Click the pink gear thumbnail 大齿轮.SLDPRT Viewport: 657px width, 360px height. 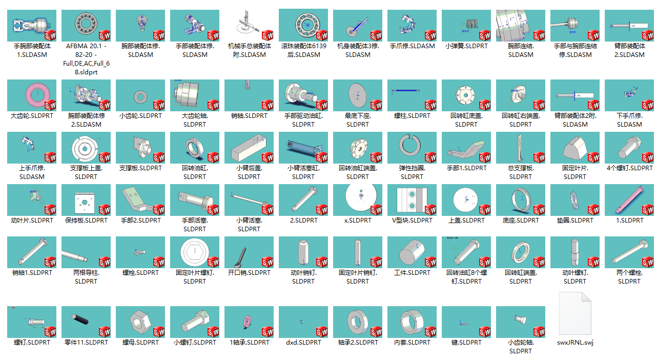[32, 95]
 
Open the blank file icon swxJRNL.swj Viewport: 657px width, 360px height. [575, 313]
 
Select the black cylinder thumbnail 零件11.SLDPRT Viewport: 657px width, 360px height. [86, 322]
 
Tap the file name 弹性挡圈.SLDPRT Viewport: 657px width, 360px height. [412, 172]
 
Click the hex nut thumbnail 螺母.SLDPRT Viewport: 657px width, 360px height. [140, 322]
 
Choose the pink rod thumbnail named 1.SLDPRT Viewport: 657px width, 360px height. [629, 200]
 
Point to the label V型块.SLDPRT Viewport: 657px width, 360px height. [412, 221]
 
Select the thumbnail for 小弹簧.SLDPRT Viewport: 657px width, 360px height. [466, 26]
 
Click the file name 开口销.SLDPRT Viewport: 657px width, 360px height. [249, 273]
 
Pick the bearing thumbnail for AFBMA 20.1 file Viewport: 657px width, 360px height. [86, 26]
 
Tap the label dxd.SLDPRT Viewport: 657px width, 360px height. [303, 343]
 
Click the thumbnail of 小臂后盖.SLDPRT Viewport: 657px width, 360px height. [249, 148]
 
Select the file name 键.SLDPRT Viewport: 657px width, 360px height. [466, 343]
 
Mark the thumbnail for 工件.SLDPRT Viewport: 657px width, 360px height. [412, 252]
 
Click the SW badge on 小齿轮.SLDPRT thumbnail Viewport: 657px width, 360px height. [159, 105]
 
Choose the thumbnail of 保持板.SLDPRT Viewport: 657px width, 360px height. [86, 200]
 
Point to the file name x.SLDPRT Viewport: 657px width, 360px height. [358, 221]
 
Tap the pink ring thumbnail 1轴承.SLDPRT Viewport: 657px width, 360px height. [249, 322]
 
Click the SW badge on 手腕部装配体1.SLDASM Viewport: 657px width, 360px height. [50, 35]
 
